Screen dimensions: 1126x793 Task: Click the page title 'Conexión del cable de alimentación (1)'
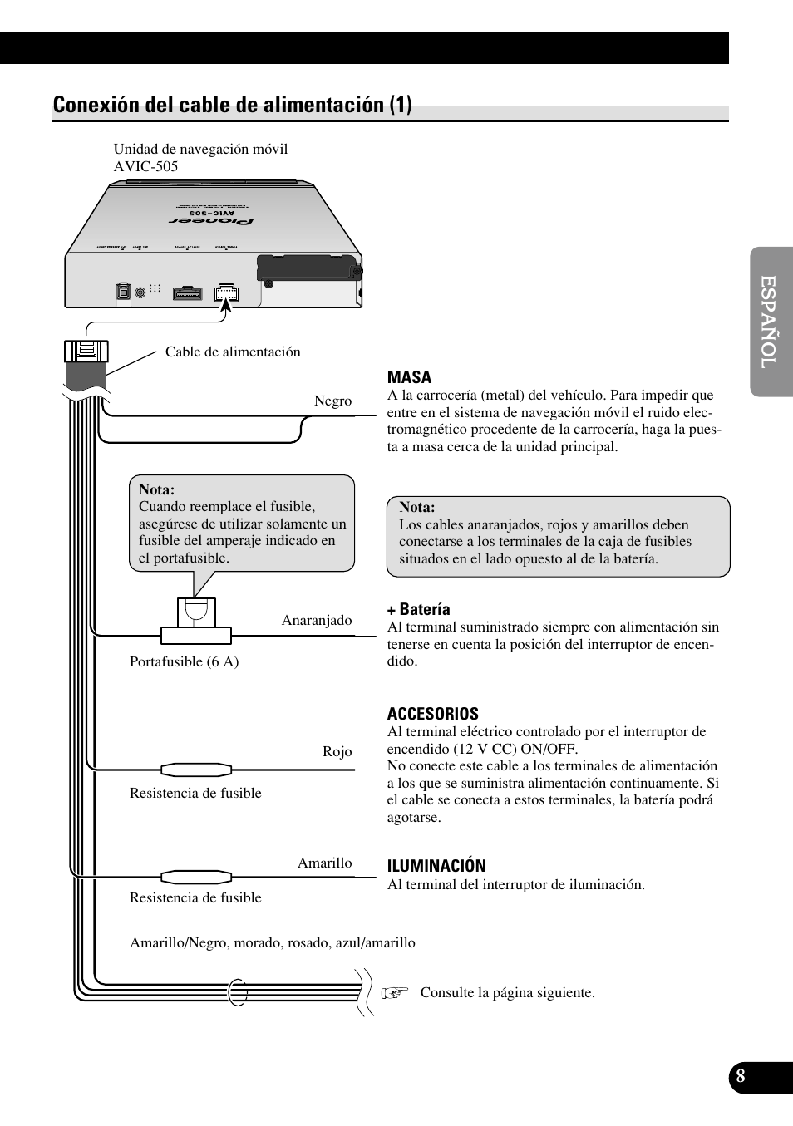pos(232,105)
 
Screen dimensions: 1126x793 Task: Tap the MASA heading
pos(409,377)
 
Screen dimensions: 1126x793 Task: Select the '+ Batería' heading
pos(418,609)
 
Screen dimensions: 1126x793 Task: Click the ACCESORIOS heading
pos(432,714)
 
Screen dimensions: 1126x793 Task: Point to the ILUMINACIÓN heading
pos(436,866)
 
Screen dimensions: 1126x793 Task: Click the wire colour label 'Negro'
pos(332,401)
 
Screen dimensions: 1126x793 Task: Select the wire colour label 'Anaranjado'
pos(317,620)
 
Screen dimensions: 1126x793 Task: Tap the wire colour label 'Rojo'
pos(337,751)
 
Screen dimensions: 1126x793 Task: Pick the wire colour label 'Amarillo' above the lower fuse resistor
pos(324,863)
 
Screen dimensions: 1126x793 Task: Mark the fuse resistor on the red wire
pos(195,770)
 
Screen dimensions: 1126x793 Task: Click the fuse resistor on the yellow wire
pos(195,876)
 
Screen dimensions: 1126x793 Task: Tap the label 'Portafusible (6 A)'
pos(184,661)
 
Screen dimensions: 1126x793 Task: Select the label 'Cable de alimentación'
pos(233,352)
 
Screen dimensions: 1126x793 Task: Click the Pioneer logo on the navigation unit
pos(212,221)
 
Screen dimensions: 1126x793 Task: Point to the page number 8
pos(740,1077)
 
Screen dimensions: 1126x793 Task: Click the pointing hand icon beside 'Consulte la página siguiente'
pos(395,992)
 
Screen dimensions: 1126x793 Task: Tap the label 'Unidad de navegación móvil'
pos(200,149)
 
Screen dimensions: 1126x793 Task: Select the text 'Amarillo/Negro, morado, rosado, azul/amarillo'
pos(272,942)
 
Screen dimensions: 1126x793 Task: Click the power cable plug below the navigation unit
pos(86,353)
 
